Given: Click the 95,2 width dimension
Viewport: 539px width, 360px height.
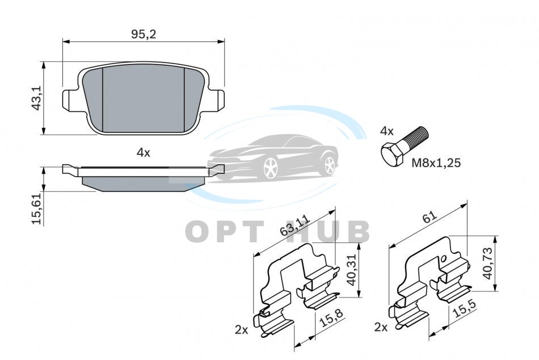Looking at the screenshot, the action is coord(144,34).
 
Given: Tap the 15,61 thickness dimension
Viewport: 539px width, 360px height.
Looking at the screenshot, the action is coord(36,208).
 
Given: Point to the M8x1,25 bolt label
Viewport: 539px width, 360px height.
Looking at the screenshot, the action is coord(436,162).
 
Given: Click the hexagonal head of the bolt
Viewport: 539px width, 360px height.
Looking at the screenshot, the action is coord(392,155).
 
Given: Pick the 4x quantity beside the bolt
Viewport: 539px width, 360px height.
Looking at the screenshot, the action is coord(387,131).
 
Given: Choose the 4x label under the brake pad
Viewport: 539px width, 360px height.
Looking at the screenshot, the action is coord(144,153).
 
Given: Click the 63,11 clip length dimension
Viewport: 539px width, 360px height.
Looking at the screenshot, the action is coord(294,225).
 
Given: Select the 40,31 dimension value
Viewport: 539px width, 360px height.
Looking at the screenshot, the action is coord(352,270).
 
